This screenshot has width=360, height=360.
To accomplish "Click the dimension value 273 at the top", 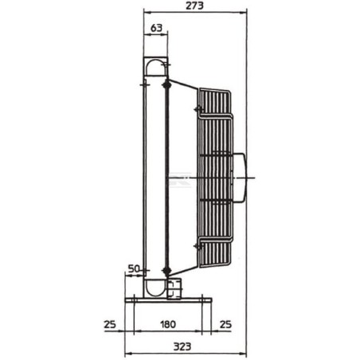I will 194,6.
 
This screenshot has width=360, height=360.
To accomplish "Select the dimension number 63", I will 155,29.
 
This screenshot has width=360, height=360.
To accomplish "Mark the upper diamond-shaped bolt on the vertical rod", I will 166,82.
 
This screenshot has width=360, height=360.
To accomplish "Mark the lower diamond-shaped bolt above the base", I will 166,271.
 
